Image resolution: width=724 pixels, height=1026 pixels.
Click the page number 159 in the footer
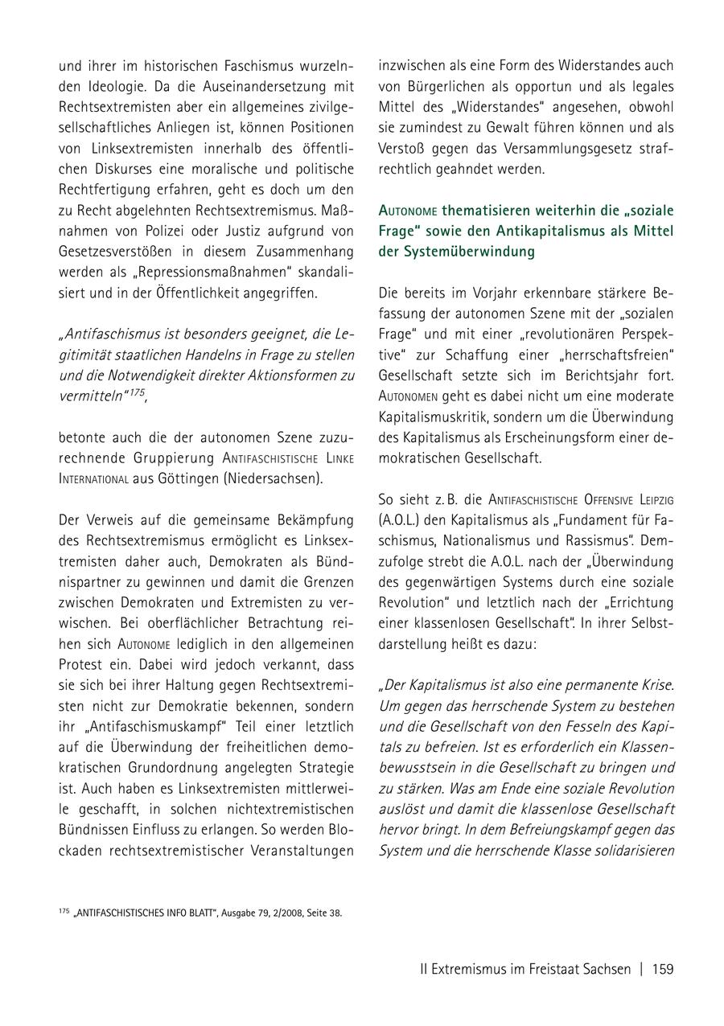click(x=663, y=969)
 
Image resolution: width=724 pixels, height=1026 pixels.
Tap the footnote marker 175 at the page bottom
click(x=64, y=911)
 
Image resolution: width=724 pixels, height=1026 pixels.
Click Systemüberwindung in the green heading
click(x=456, y=251)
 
